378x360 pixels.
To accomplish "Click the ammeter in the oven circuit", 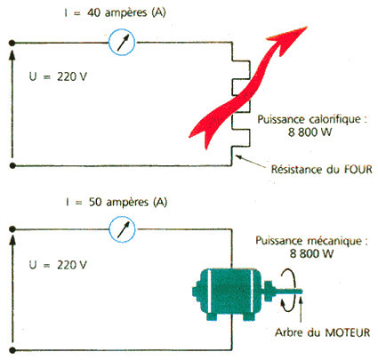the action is click(122, 42).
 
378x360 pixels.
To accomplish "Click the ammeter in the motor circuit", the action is click(122, 229).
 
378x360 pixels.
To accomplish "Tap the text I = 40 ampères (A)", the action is click(115, 12).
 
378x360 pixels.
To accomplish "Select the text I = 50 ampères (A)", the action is click(117, 202).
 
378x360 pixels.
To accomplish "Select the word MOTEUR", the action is click(348, 332).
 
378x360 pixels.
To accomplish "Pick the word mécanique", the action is click(334, 241).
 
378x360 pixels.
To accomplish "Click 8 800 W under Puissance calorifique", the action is click(310, 132).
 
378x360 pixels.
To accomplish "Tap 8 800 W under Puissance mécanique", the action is click(311, 253).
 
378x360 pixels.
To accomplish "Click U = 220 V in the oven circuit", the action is click(58, 76).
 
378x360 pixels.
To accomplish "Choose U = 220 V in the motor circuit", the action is click(58, 265).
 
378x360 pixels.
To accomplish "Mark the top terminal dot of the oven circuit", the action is click(12, 44).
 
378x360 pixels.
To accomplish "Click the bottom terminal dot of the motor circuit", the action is click(12, 350).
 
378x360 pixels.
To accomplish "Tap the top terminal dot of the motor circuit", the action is click(12, 229).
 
